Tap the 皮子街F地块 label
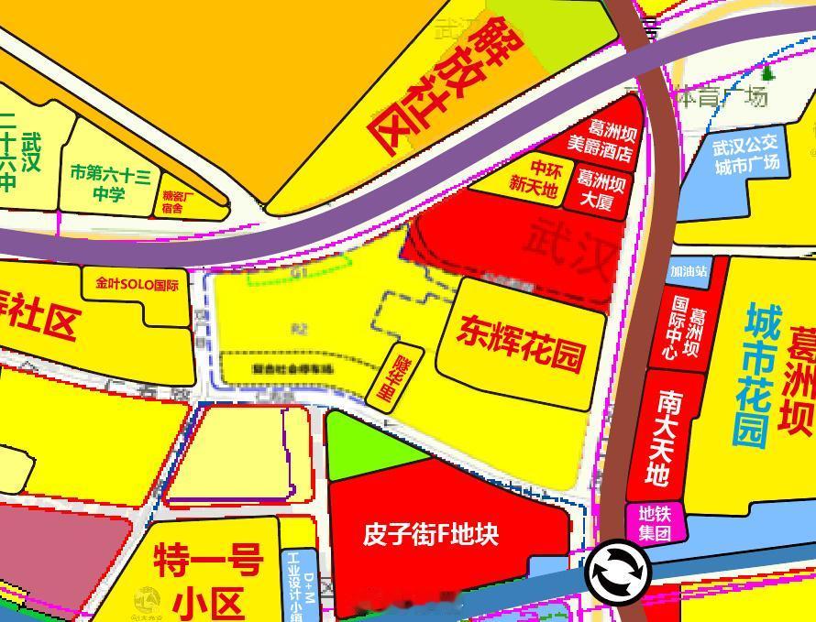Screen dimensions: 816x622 pyautogui.click(x=431, y=533)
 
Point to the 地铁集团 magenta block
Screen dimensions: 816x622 pyautogui.click(x=655, y=523)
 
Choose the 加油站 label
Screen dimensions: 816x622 pyautogui.click(x=689, y=271)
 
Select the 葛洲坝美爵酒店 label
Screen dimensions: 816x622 pyautogui.click(x=601, y=143)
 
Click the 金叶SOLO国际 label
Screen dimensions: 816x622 pyautogui.click(x=137, y=283)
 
